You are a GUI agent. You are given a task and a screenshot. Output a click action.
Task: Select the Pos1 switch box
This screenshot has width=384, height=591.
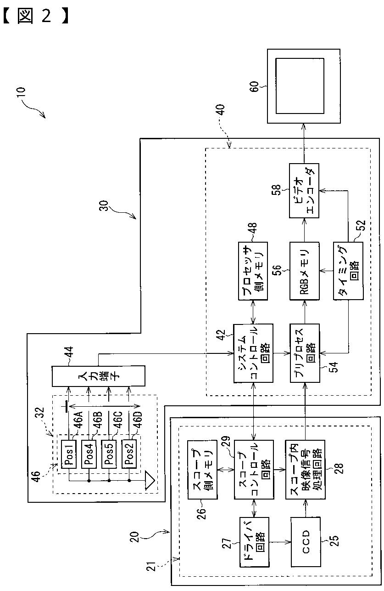click(x=68, y=454)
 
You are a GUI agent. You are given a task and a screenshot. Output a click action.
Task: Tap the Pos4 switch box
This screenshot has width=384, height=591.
click(x=89, y=454)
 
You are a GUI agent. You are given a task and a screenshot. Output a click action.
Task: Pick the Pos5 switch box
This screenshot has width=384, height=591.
click(x=109, y=454)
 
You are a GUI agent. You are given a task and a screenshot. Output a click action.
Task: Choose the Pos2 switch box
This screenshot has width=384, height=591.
click(x=129, y=454)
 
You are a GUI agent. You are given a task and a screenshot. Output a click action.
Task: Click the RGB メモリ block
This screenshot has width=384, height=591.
click(x=305, y=271)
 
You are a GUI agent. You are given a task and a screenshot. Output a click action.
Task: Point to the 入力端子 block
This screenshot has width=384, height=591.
click(x=98, y=376)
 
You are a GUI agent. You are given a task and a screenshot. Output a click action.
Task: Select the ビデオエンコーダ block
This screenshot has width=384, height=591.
click(x=304, y=191)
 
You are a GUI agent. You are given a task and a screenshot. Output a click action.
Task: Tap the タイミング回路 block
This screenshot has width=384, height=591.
click(x=348, y=271)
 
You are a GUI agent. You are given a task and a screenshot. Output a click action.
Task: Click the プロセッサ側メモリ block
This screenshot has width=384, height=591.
click(x=253, y=271)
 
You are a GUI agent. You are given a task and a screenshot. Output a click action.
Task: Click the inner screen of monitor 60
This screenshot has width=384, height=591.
click(x=300, y=86)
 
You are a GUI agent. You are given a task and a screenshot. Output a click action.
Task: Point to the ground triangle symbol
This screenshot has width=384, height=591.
click(x=150, y=481)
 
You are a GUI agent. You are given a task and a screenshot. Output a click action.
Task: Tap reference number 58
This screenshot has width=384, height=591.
click(x=276, y=191)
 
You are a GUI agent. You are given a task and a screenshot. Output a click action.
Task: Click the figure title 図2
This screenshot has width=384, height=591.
click(x=36, y=16)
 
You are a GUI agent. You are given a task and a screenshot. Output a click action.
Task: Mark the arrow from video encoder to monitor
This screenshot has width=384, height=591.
click(x=304, y=143)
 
